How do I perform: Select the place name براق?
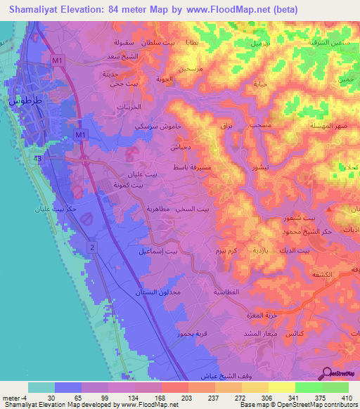click(x=220, y=126)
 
